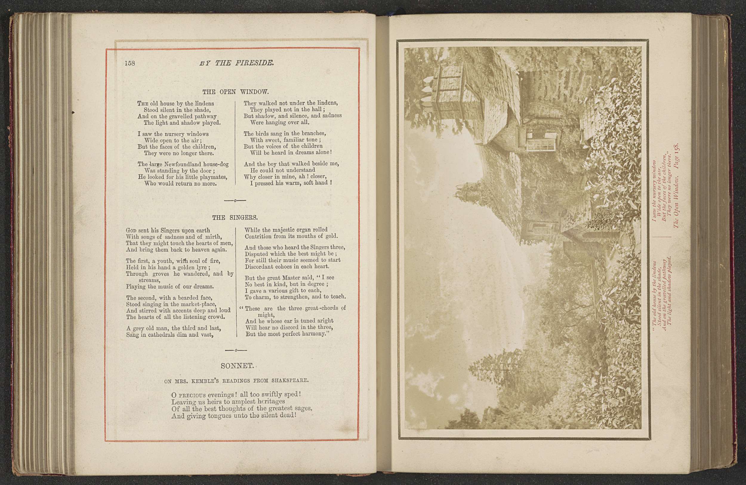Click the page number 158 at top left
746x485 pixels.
(130, 63)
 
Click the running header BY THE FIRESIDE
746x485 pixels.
(237, 63)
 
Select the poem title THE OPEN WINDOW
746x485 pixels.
(235, 92)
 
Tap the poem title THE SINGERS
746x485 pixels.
(235, 217)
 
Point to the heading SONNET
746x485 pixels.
(237, 366)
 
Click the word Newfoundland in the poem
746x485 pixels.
(183, 164)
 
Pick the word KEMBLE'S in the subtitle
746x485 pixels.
(205, 381)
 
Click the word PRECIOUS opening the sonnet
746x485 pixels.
(192, 395)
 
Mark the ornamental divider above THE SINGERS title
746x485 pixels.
(235, 200)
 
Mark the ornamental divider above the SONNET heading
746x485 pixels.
(236, 350)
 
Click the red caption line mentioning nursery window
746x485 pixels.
(654, 191)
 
